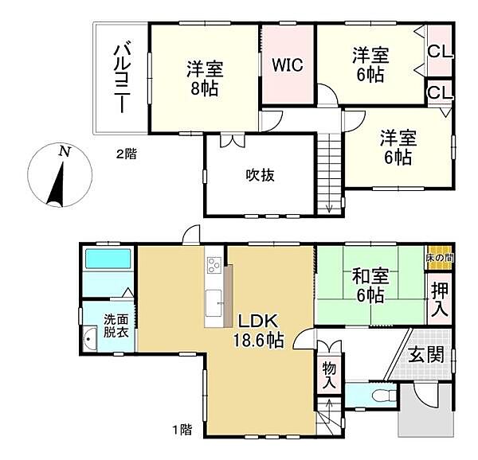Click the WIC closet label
pyautogui.click(x=288, y=64)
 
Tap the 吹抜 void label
pyautogui.click(x=260, y=175)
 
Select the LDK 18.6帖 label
pyautogui.click(x=258, y=330)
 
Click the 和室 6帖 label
pyautogui.click(x=370, y=286)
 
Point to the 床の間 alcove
pyautogui.click(x=439, y=258)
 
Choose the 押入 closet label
pyautogui.click(x=440, y=299)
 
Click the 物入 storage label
pyautogui.click(x=329, y=375)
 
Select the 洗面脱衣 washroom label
pyautogui.click(x=116, y=326)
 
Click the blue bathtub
pyautogui.click(x=108, y=259)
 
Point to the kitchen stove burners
pyautogui.click(x=214, y=265)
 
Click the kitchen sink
pyautogui.click(x=214, y=303)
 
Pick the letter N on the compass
pyautogui.click(x=65, y=151)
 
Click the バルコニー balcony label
pyautogui.click(x=122, y=79)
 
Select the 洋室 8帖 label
pyautogui.click(x=206, y=78)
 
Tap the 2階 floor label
pyautogui.click(x=127, y=154)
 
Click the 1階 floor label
pyautogui.click(x=182, y=430)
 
